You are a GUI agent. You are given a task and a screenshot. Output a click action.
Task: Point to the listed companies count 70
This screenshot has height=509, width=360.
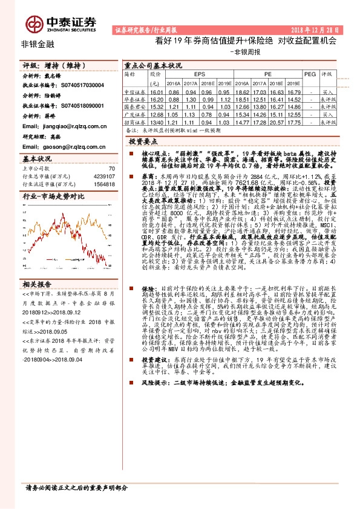pyautogui.click(x=111, y=169)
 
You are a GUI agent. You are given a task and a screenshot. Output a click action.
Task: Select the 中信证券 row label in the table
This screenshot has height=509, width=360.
pyautogui.click(x=136, y=91)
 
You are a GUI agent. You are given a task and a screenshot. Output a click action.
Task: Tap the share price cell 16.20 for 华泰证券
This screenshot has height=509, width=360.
pyautogui.click(x=155, y=99)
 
